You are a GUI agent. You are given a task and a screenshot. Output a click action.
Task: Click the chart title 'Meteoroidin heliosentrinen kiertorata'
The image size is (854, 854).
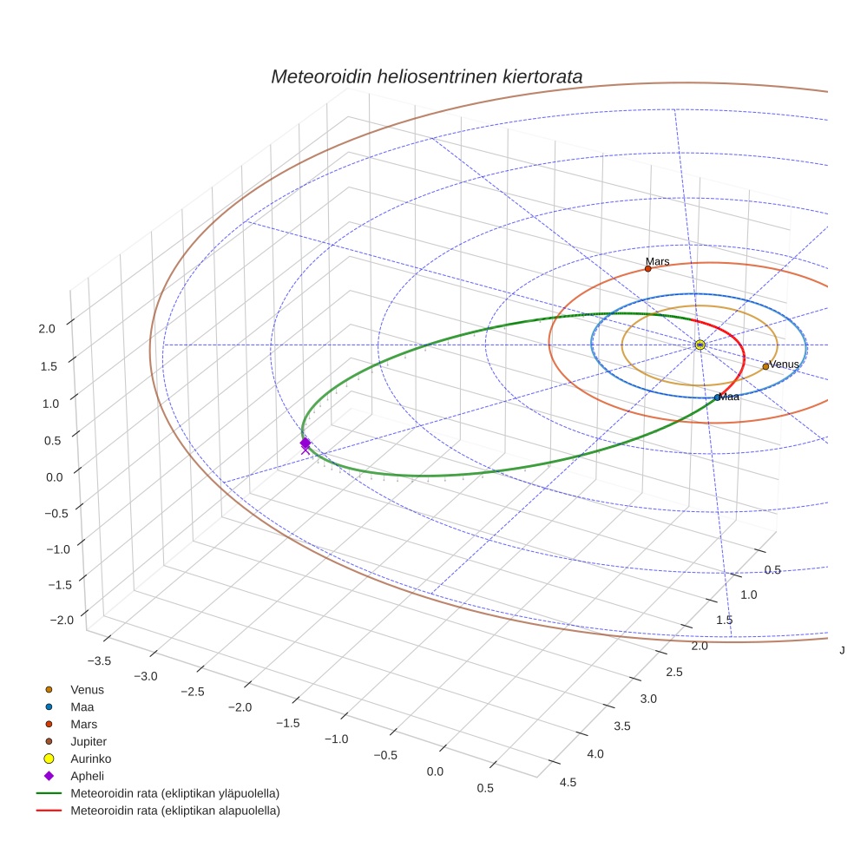426,76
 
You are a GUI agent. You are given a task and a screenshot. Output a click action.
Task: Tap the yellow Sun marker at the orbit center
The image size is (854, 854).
700,345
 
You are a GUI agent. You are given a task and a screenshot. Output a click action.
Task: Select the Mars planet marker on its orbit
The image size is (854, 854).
647,269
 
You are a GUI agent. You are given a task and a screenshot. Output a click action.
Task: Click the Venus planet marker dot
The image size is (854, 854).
765,366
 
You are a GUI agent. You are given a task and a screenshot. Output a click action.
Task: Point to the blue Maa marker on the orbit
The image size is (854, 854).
717,397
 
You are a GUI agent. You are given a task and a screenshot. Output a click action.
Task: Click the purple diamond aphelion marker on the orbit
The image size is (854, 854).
305,443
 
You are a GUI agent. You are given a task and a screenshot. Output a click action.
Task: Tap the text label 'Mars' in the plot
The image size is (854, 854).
657,261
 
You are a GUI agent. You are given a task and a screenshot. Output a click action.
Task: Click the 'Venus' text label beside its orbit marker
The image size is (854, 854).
784,365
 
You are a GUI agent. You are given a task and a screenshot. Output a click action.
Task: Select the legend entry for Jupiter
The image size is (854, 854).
89,741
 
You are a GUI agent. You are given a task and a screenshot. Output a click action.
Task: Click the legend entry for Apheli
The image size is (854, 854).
87,776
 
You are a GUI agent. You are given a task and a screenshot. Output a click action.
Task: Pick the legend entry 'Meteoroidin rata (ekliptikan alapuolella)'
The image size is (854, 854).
174,811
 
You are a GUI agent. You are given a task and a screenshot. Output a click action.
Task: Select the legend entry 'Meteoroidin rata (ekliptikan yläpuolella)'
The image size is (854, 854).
174,793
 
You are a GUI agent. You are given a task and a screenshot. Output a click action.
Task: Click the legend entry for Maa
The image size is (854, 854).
82,706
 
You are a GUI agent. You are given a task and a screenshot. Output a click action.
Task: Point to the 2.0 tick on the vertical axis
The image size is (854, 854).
47,328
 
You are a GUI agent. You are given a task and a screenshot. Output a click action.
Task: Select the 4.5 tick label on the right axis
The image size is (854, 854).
568,782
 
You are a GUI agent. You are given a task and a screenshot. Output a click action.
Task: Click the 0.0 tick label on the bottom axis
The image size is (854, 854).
435,772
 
